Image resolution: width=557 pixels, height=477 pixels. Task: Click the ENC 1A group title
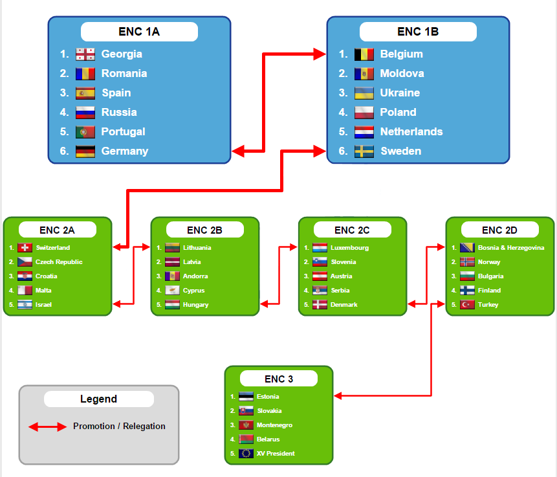pos(139,31)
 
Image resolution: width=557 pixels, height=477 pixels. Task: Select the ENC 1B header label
pos(418,31)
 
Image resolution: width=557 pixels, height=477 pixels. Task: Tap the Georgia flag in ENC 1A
pos(85,54)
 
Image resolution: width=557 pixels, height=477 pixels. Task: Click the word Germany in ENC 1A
pos(125,151)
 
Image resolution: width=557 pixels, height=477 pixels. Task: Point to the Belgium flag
pos(364,54)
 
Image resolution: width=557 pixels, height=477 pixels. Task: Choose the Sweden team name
pos(400,151)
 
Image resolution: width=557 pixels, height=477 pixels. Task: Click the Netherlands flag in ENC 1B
pos(364,132)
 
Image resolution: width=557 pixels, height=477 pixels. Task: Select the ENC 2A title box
pos(58,230)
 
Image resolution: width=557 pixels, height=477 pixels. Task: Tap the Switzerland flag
pos(25,248)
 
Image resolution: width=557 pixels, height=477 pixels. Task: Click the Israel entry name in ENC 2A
pos(44,305)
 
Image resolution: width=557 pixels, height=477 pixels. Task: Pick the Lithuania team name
pos(197,248)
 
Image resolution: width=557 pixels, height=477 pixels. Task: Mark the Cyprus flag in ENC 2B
pos(172,291)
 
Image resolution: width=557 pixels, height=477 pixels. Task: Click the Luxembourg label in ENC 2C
pos(349,248)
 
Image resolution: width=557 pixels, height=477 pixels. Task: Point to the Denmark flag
pos(320,305)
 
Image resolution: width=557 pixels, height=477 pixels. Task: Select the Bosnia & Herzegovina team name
pos(511,248)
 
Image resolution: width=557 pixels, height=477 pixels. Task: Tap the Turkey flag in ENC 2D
pos(467,305)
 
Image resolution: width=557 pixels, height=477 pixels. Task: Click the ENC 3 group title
pos(279,379)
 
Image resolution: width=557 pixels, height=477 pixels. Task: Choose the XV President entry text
pos(276,454)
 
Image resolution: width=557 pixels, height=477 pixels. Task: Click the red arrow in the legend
pos(48,427)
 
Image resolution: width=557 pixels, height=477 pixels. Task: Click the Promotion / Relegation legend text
pos(119,427)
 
